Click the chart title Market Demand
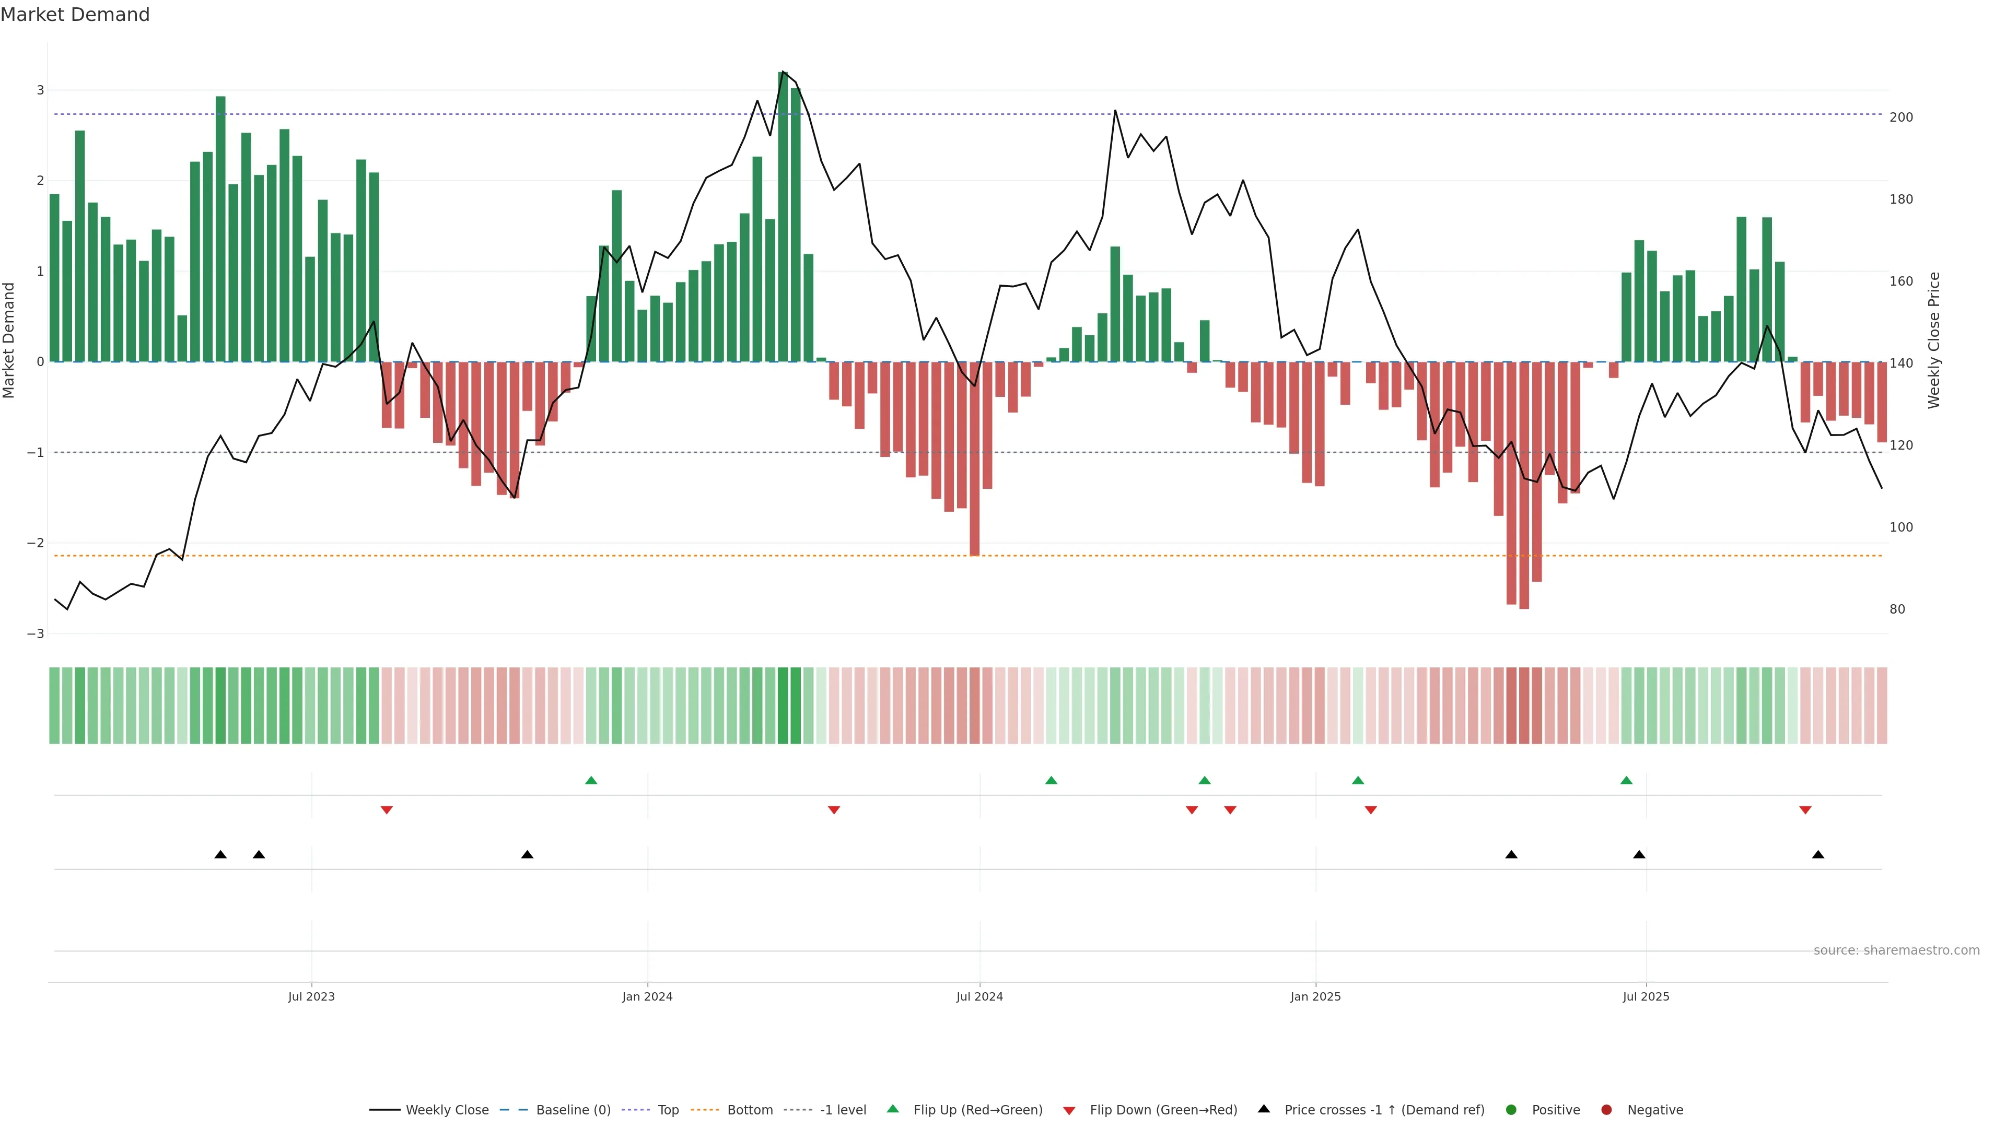pos(75,15)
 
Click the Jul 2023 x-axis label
pos(311,996)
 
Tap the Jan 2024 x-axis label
pos(647,996)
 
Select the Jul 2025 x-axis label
pos(1646,996)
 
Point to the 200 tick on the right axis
pos(1901,118)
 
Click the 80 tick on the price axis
pos(1897,609)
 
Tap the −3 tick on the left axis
pos(35,633)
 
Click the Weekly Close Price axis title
pos(1934,340)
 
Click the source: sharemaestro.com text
pos(1896,950)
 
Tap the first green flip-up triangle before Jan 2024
pos(591,780)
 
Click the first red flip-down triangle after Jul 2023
pos(386,810)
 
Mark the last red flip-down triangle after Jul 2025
pos(1805,810)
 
